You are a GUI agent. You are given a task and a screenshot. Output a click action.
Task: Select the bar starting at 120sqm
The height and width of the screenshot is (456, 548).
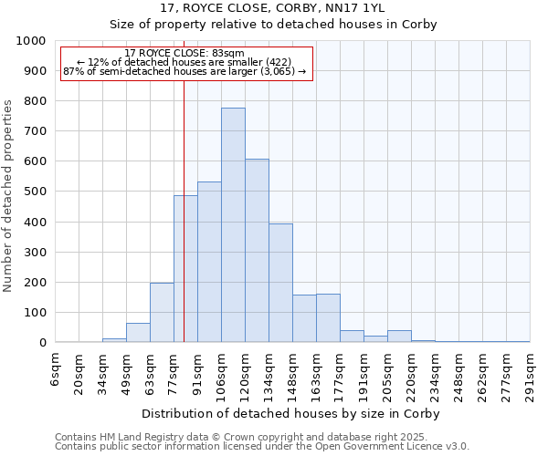[x=257, y=251]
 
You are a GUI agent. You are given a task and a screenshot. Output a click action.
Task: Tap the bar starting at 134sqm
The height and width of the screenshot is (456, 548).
[x=280, y=283]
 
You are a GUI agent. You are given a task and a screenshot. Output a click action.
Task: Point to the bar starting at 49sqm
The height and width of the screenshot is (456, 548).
[x=138, y=333]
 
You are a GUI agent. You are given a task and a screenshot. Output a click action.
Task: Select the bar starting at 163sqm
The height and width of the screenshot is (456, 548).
[x=328, y=318]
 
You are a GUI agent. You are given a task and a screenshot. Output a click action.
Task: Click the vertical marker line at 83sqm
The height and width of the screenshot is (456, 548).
[x=184, y=228]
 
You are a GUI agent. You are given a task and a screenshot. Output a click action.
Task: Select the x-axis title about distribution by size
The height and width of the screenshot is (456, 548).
[x=291, y=413]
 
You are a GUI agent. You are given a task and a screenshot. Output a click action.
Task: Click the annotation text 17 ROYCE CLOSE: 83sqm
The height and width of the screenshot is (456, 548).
[x=184, y=53]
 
